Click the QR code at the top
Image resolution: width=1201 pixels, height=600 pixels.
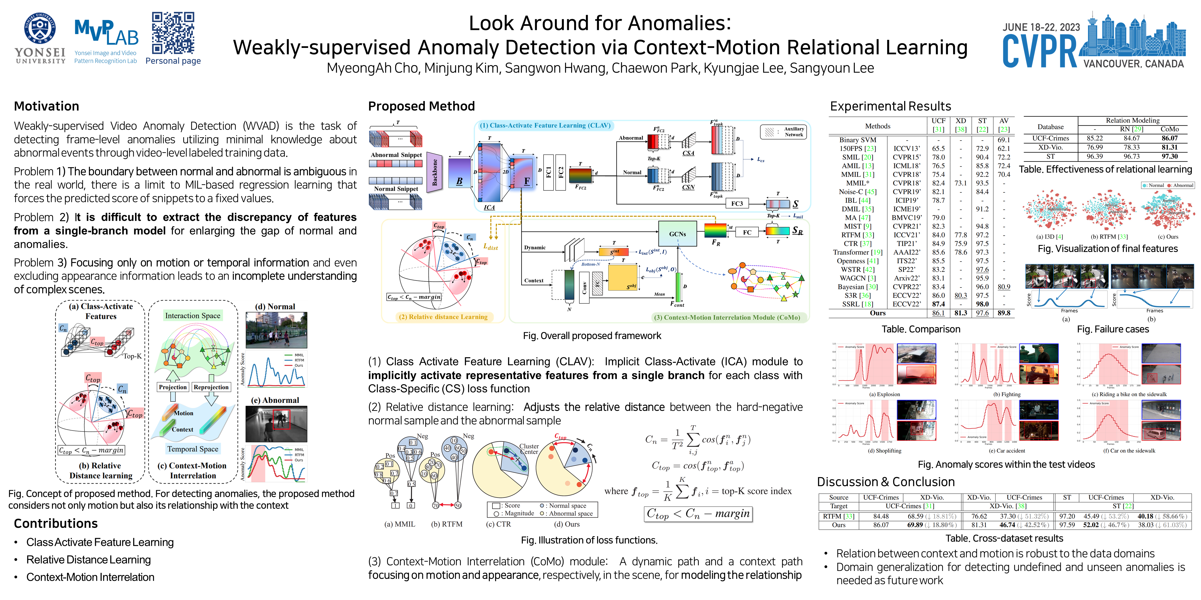(173, 33)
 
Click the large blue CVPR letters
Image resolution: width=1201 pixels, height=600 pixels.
(1040, 51)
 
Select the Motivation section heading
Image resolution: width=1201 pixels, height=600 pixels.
(47, 106)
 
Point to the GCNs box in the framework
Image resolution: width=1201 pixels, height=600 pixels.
(677, 234)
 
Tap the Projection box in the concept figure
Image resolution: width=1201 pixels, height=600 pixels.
(173, 387)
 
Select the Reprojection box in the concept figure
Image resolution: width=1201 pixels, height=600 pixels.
(211, 387)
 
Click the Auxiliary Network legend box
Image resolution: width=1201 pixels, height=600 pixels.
(785, 132)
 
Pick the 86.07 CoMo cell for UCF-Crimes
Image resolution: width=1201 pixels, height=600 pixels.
(1169, 138)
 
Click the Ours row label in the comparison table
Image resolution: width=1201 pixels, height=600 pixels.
(878, 313)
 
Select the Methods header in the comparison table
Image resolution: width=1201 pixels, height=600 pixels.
(878, 126)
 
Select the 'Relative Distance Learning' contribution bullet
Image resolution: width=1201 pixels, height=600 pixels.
(89, 559)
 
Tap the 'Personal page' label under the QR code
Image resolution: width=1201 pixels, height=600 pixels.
(173, 61)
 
